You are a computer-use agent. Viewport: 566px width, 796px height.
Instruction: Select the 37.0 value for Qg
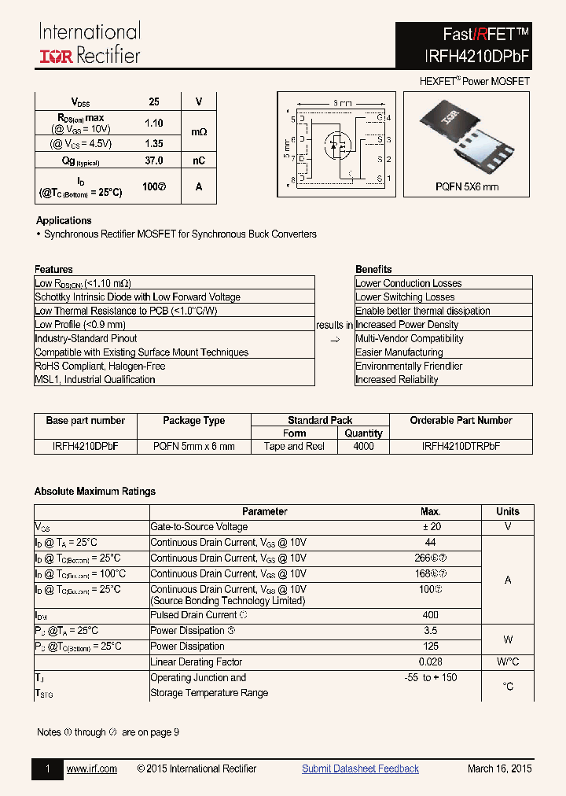tap(154, 160)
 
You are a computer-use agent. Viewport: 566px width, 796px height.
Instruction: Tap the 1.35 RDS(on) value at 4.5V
tap(154, 144)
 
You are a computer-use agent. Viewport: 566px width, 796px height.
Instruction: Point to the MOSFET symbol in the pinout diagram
tap(340, 147)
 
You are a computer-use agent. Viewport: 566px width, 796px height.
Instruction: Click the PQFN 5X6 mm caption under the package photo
tap(467, 187)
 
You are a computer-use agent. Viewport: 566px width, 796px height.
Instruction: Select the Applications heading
tap(64, 221)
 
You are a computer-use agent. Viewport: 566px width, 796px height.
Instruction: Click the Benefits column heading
tap(373, 269)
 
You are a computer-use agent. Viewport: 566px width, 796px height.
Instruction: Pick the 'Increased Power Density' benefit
tap(406, 325)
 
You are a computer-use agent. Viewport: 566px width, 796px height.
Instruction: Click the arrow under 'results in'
tap(334, 340)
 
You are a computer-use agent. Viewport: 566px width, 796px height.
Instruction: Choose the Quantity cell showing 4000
tap(364, 446)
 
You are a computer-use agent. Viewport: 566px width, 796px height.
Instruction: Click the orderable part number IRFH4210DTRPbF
tap(461, 446)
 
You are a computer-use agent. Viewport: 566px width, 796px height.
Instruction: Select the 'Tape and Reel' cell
tap(295, 446)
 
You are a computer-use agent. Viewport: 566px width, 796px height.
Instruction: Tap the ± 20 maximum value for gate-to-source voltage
tap(431, 527)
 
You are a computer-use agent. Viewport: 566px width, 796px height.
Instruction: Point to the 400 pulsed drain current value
tap(431, 615)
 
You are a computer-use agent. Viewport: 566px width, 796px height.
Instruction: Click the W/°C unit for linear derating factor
tap(508, 662)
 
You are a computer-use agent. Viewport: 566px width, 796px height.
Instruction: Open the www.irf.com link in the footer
tap(92, 769)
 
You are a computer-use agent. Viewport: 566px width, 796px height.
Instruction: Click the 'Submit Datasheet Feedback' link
tap(360, 769)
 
